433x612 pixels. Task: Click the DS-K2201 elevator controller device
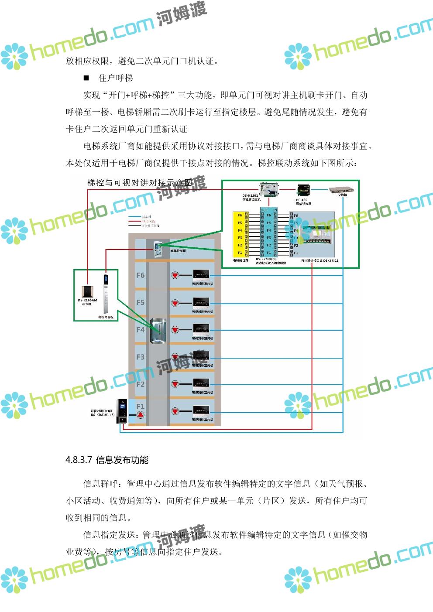tap(269, 189)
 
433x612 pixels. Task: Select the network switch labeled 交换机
tap(342, 190)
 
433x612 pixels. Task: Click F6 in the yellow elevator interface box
tap(240, 215)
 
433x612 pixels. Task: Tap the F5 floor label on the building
tap(140, 302)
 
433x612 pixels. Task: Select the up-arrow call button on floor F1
tap(140, 414)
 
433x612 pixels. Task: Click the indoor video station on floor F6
tap(201, 275)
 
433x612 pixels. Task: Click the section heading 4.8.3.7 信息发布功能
tap(107, 460)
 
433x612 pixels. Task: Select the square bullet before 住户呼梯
tap(86, 78)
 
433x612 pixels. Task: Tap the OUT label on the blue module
tap(265, 210)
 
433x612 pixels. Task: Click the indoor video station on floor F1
tap(201, 410)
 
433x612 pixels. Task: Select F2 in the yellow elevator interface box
tap(240, 245)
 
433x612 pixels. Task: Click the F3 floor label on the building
tap(140, 357)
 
